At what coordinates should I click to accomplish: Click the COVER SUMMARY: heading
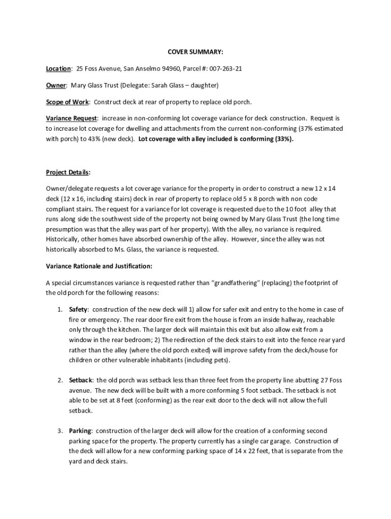click(195, 52)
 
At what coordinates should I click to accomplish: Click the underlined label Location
click(58, 68)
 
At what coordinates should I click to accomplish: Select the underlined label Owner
click(56, 85)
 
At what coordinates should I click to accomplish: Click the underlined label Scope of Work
click(67, 102)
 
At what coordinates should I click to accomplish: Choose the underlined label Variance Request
click(71, 119)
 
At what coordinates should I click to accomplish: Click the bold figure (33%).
click(284, 138)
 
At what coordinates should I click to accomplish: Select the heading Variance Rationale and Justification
click(99, 266)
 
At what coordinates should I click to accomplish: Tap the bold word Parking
click(80, 431)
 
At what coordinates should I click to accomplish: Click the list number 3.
click(59, 431)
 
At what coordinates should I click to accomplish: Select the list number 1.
click(59, 310)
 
